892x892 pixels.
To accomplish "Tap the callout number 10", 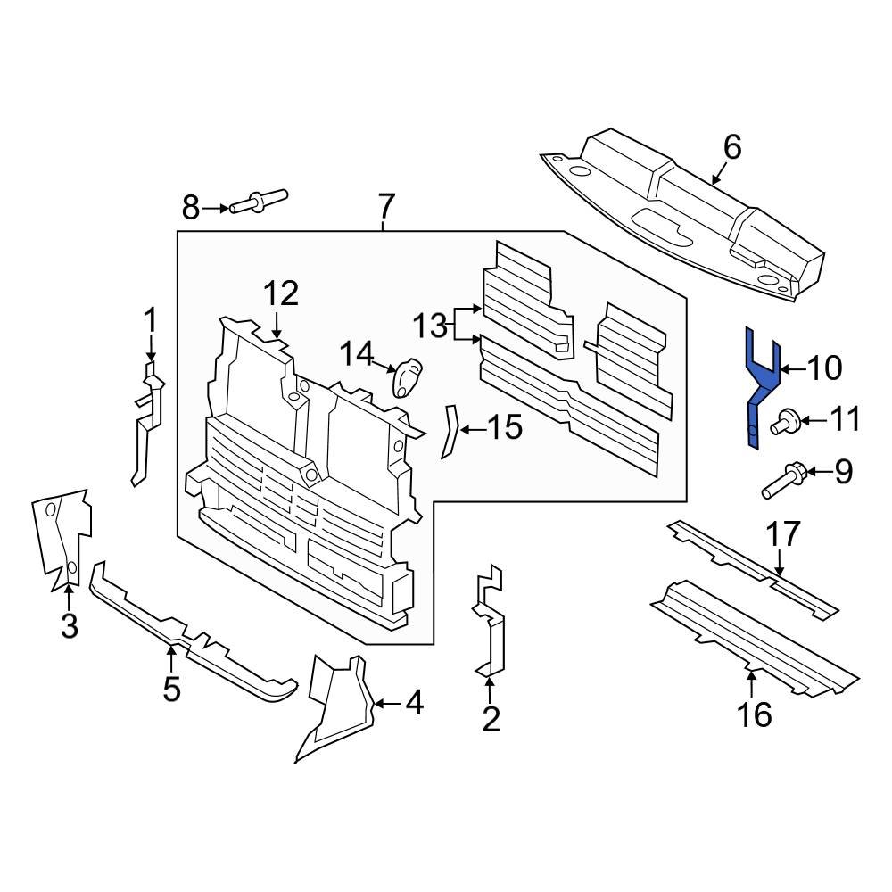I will click(x=824, y=368).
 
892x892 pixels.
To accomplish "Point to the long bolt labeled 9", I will click(x=783, y=480).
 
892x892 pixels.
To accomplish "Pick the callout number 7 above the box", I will click(x=384, y=207).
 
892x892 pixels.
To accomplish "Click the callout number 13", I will click(x=429, y=326).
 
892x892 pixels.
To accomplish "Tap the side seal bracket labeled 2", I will click(x=490, y=624).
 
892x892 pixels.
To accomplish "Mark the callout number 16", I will click(x=755, y=714).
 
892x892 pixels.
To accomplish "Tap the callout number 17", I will click(x=785, y=535).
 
